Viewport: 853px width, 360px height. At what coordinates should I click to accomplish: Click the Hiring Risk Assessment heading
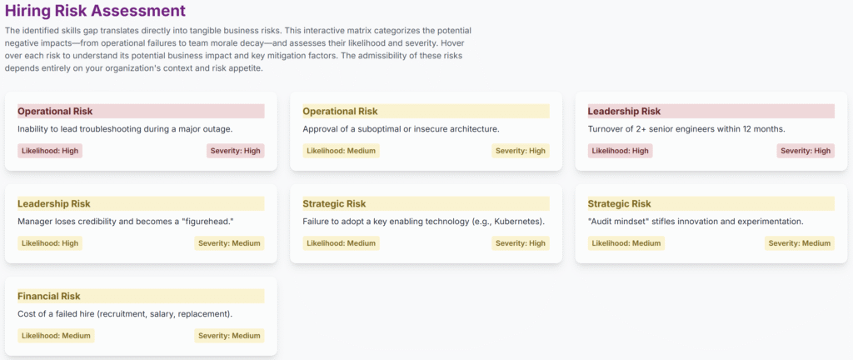tap(95, 10)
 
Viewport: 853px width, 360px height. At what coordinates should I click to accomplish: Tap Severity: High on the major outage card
tap(236, 151)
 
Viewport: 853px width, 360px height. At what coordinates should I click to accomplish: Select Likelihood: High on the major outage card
tap(50, 151)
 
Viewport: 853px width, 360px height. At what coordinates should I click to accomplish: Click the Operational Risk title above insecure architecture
tap(340, 112)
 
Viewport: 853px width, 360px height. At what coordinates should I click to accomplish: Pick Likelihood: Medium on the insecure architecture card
tap(341, 151)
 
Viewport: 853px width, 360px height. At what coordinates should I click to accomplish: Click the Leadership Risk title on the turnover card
tap(624, 112)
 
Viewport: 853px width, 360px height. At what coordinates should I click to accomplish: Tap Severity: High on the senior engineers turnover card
tap(806, 151)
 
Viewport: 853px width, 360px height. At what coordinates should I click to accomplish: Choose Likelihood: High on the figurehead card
tap(50, 243)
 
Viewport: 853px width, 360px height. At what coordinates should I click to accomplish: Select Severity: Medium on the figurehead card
tap(230, 243)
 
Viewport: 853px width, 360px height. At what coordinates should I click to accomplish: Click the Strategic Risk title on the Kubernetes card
tap(334, 204)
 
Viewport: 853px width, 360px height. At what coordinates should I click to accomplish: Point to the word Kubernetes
tap(517, 222)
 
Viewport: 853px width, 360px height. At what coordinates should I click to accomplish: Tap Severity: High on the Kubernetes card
tap(521, 243)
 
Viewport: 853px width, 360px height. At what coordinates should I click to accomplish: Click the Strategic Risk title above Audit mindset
tap(619, 204)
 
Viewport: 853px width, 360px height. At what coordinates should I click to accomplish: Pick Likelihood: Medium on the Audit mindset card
tap(626, 243)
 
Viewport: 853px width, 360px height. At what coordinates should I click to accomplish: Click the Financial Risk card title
tap(49, 297)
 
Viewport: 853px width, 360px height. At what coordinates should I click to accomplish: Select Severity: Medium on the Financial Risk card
tap(230, 336)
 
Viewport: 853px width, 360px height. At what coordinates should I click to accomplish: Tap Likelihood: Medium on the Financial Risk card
tap(56, 336)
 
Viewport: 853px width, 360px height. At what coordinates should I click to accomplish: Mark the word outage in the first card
tap(217, 129)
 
